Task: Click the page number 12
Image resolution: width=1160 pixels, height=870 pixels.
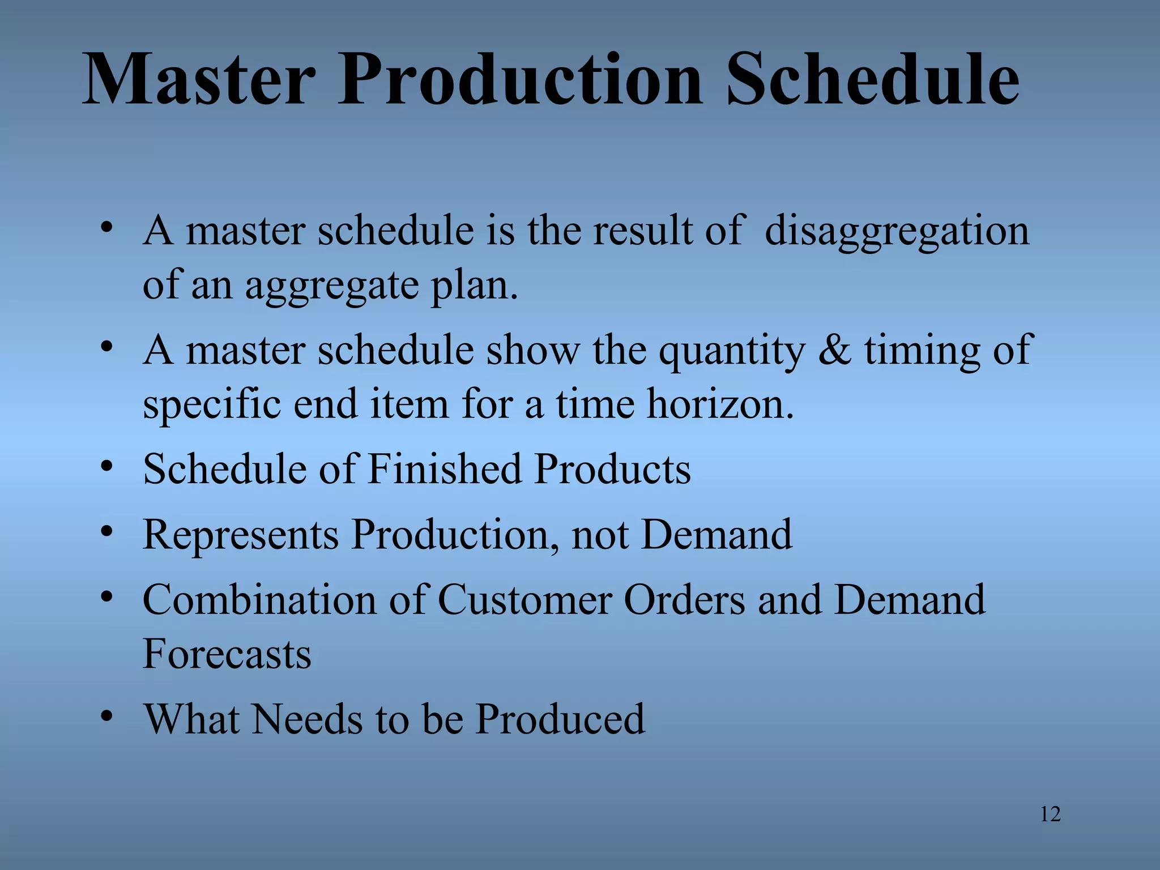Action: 1050,814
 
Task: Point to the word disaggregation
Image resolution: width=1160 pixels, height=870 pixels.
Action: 897,232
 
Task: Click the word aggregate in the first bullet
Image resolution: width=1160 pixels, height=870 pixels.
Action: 332,287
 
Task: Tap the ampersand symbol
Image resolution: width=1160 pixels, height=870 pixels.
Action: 834,350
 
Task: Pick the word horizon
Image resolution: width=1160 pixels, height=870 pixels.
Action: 720,405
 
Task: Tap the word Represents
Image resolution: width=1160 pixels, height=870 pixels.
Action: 241,535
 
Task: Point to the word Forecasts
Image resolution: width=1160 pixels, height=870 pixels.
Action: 227,654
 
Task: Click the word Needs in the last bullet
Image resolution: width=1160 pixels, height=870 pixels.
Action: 306,719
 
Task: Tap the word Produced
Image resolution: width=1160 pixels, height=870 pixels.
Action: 559,719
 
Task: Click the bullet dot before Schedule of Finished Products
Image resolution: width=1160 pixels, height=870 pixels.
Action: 106,467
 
